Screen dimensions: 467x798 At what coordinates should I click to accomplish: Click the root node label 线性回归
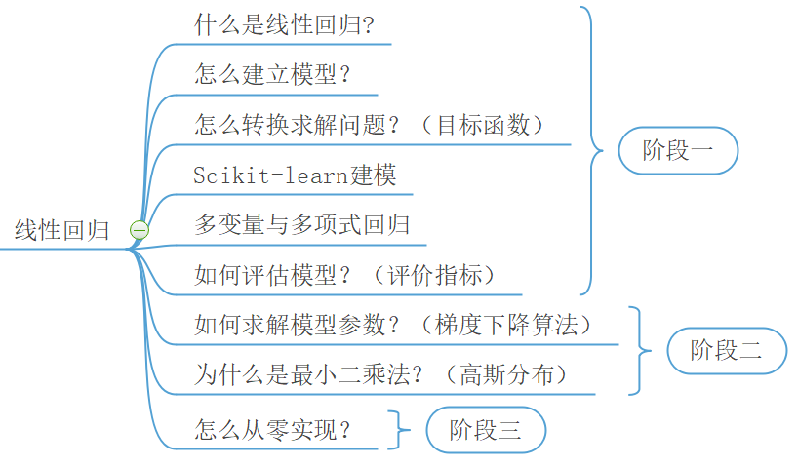[62, 231]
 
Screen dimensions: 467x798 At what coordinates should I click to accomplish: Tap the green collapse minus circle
[140, 230]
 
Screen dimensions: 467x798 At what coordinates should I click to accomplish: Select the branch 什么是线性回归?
[284, 24]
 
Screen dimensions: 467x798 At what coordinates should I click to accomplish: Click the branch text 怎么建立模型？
[272, 74]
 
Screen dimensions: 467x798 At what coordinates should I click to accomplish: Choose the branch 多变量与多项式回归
[301, 225]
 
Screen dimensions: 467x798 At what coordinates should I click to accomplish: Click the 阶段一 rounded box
[678, 150]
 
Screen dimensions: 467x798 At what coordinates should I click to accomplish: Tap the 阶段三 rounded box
[485, 429]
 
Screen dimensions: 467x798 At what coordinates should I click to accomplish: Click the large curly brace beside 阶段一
[592, 150]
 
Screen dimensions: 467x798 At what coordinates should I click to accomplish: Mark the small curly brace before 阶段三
[395, 429]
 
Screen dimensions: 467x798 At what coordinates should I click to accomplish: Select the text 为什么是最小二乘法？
[309, 374]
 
